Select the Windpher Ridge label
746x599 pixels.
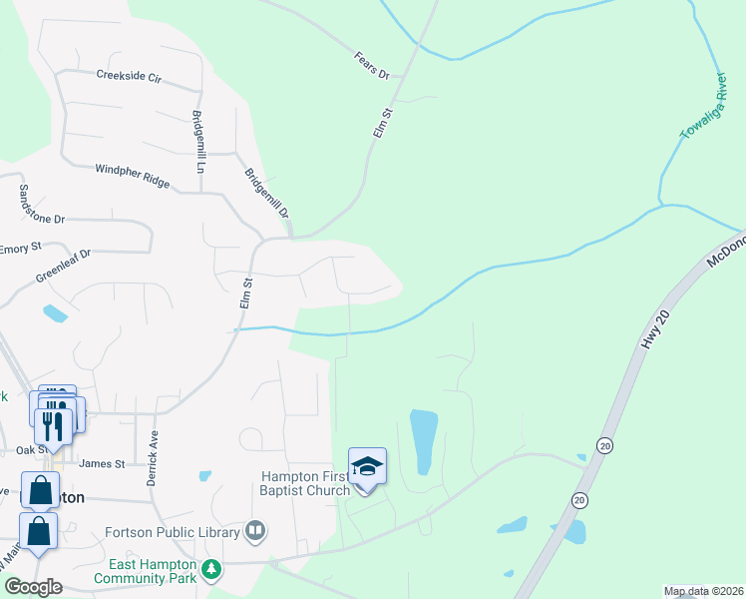[x=133, y=177]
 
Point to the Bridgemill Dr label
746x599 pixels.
[x=266, y=193]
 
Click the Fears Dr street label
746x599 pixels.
[x=371, y=63]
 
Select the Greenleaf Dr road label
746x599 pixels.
[x=63, y=266]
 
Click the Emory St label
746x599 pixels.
[x=20, y=248]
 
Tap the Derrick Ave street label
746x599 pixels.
[x=154, y=457]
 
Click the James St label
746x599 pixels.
[x=101, y=463]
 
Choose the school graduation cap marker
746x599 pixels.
[x=367, y=466]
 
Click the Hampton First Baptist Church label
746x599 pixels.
[x=305, y=483]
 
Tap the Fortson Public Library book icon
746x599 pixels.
[x=255, y=530]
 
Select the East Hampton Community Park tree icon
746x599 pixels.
[x=210, y=569]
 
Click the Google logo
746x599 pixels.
[x=33, y=586]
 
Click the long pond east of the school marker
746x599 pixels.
[x=424, y=441]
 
